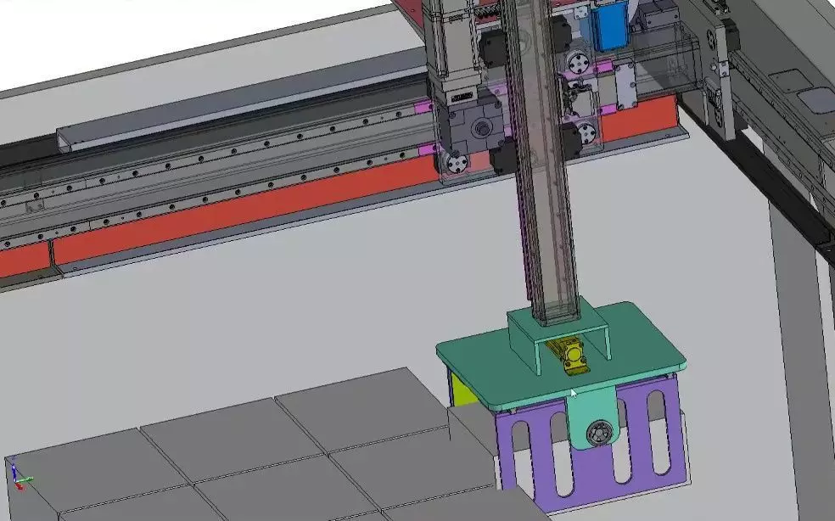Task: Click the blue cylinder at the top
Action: click(x=609, y=25)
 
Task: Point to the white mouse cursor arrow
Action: click(x=574, y=394)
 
